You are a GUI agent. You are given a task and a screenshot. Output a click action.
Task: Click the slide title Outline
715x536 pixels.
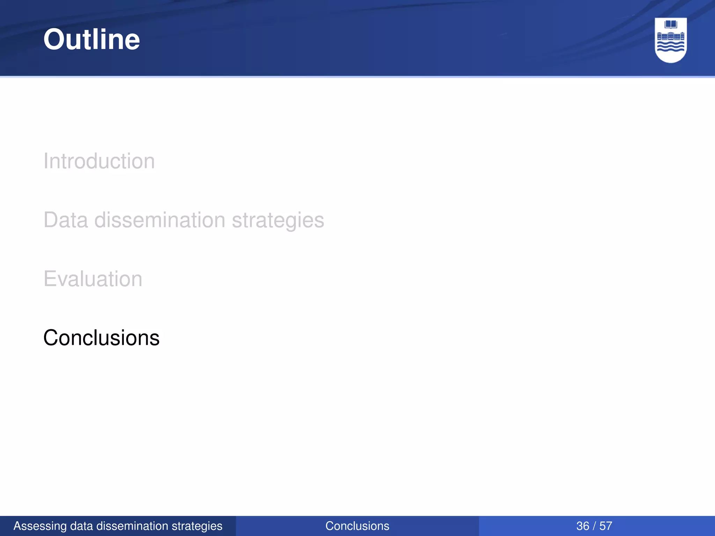(91, 39)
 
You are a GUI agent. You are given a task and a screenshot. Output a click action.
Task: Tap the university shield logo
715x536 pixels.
(671, 40)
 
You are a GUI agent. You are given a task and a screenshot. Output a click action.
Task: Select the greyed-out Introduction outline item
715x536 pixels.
(99, 161)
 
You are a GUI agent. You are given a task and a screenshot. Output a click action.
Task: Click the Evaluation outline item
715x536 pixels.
(93, 279)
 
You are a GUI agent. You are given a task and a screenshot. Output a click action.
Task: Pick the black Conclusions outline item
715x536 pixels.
(101, 338)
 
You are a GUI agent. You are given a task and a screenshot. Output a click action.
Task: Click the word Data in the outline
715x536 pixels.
(66, 220)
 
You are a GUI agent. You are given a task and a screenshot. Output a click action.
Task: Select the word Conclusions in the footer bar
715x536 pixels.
(357, 526)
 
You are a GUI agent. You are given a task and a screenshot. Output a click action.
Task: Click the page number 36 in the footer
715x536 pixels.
(583, 526)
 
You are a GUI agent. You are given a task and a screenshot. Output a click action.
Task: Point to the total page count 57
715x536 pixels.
(606, 526)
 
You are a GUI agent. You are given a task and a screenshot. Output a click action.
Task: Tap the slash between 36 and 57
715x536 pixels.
(594, 526)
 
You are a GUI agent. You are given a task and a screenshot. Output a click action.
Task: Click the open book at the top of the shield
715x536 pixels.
(671, 24)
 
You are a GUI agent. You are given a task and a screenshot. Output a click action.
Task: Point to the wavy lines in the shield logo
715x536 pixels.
(671, 47)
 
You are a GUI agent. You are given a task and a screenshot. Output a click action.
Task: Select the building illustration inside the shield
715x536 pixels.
(671, 36)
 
